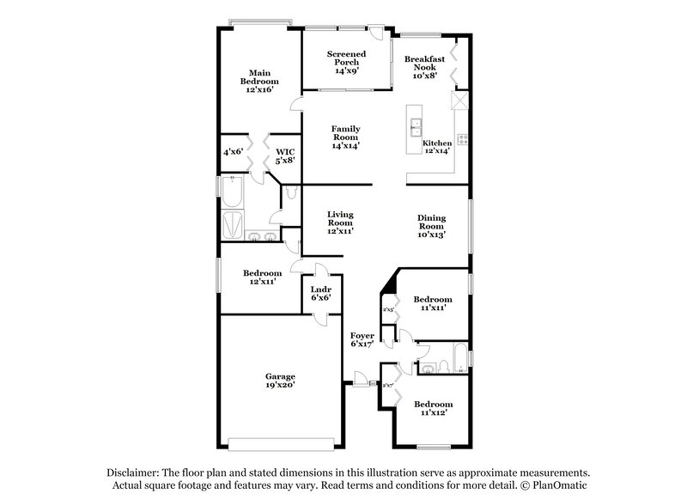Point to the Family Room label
pyautogui.click(x=345, y=137)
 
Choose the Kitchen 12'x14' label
pyautogui.click(x=437, y=147)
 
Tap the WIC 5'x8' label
pyautogui.click(x=285, y=155)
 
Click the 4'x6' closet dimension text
pyautogui.click(x=234, y=152)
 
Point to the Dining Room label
pyautogui.click(x=431, y=225)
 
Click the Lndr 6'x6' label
pyautogui.click(x=321, y=293)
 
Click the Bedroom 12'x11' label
pyautogui.click(x=263, y=276)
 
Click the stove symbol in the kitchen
pyautogui.click(x=462, y=138)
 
